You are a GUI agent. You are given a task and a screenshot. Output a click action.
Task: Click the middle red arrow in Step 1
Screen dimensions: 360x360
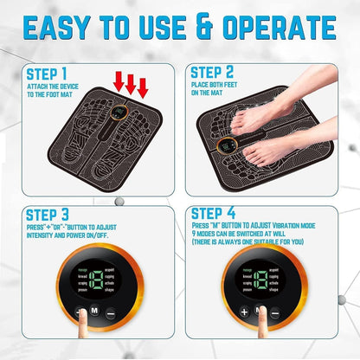131,84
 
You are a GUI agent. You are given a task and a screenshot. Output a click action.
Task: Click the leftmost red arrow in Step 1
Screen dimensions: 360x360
118,81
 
